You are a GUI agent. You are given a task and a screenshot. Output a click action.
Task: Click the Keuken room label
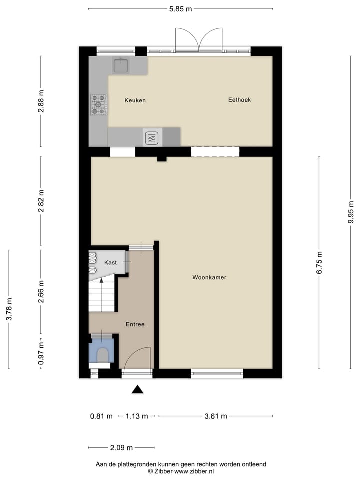coord(135,100)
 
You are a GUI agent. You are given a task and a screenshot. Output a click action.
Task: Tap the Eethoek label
coord(239,100)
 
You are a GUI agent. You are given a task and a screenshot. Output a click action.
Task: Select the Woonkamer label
coord(209,277)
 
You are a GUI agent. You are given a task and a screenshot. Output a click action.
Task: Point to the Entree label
coord(135,324)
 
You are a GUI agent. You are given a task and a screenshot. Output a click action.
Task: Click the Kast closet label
coord(110,262)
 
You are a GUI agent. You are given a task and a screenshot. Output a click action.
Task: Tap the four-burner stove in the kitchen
coord(98,105)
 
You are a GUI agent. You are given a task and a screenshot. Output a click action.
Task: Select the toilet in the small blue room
coord(102,355)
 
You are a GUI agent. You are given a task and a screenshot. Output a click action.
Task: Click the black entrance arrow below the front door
coord(137,389)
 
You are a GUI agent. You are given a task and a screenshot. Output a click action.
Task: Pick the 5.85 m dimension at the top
coord(180,9)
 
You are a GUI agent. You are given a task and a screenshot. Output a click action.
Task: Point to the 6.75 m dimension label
coord(320,263)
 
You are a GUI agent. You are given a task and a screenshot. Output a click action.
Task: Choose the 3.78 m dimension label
coord(9,310)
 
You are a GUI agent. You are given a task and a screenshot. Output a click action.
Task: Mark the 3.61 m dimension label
coord(216,416)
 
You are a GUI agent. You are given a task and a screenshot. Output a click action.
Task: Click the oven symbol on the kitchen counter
coord(152,137)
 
